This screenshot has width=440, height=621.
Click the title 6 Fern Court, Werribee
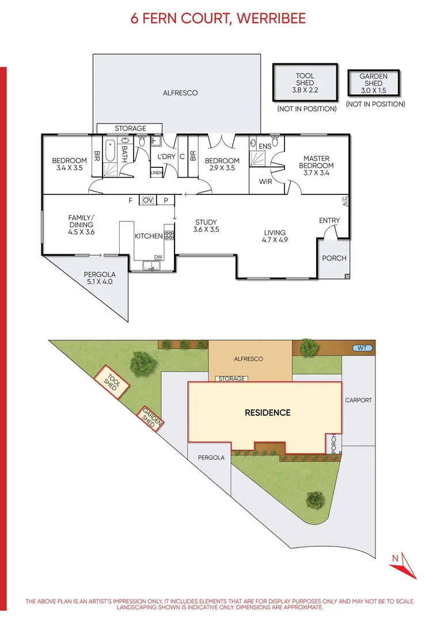tap(218, 18)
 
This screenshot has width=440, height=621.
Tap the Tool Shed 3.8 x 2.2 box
tap(305, 83)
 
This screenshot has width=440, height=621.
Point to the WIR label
tap(265, 182)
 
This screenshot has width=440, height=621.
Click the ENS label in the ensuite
tap(264, 147)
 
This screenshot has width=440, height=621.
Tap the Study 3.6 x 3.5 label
tap(206, 225)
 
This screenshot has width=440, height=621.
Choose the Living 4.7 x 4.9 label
tap(275, 236)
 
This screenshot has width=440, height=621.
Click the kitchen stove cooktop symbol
tap(169, 235)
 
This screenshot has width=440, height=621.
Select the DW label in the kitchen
tap(158, 257)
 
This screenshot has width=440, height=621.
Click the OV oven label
tap(148, 200)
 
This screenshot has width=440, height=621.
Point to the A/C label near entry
tap(345, 201)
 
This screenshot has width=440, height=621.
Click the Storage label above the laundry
tap(130, 128)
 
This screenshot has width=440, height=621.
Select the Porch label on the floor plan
tap(334, 258)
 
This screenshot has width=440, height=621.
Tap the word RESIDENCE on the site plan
tap(267, 412)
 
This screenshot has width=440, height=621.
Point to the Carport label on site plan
tap(358, 400)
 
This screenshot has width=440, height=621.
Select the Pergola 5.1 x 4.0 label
tap(99, 278)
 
